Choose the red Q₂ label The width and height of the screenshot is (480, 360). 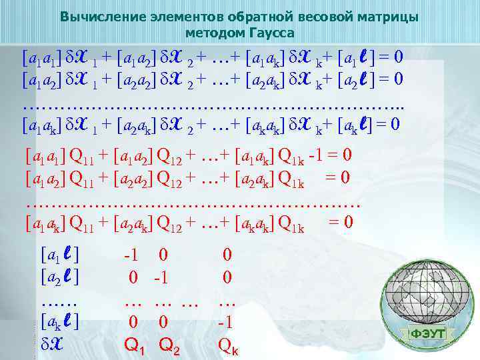click(171, 345)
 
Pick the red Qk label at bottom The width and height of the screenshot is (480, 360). click(228, 345)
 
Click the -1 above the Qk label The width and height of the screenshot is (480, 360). click(227, 322)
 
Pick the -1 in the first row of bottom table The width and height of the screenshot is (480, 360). click(131, 254)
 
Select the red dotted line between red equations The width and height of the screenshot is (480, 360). click(193, 201)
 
